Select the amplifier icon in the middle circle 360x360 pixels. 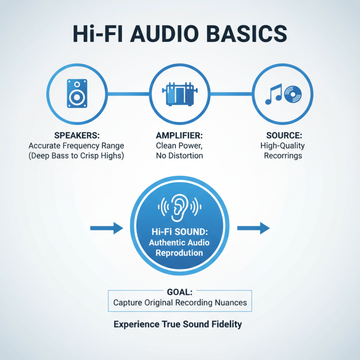click(180, 94)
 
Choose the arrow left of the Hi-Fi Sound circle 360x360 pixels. click(106, 228)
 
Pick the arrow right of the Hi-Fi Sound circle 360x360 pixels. click(253, 228)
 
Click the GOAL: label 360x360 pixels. click(180, 292)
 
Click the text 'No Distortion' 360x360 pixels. click(180, 156)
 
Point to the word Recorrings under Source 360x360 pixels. click(283, 156)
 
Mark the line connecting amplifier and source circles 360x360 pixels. click(231, 94)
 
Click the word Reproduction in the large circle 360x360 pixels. click(180, 253)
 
